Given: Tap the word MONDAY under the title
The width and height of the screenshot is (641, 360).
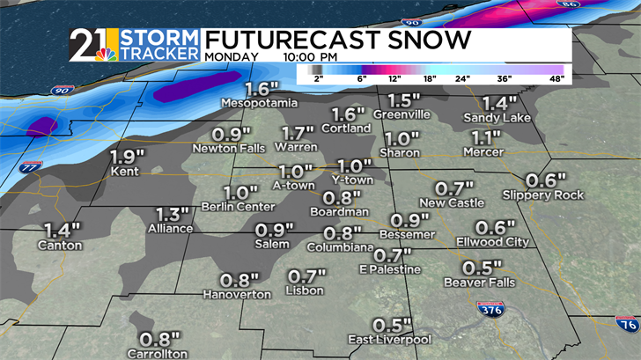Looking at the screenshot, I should pyautogui.click(x=232, y=57).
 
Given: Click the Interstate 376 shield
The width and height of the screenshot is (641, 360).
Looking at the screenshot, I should pyautogui.click(x=490, y=309).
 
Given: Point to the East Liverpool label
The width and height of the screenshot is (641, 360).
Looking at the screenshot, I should pyautogui.click(x=389, y=340).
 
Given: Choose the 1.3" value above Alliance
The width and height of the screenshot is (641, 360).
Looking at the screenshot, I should pyautogui.click(x=173, y=214).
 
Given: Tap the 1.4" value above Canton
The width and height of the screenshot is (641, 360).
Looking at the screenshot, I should pyautogui.click(x=61, y=230).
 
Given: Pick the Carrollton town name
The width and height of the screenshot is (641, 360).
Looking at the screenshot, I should pyautogui.click(x=159, y=353).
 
